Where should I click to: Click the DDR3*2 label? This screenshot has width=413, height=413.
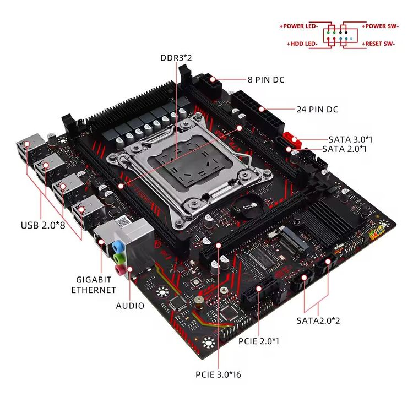click(176, 57)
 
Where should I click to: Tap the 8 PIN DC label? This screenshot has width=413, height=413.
click(265, 80)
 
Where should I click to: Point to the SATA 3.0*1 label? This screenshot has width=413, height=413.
click(350, 139)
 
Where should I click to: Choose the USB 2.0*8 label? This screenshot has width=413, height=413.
click(43, 225)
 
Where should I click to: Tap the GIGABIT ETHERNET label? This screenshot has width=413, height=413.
click(94, 285)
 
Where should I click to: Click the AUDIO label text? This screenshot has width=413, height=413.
click(130, 305)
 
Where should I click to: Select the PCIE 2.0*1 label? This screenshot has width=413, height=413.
click(258, 341)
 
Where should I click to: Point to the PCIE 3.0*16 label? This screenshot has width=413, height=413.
click(219, 375)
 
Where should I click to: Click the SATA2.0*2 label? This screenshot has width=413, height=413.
click(318, 320)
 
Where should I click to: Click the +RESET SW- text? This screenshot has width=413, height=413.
click(378, 43)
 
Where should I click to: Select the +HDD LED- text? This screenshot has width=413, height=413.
click(303, 43)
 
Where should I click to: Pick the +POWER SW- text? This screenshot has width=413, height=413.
click(379, 26)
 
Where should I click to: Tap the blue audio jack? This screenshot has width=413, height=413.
click(117, 245)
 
